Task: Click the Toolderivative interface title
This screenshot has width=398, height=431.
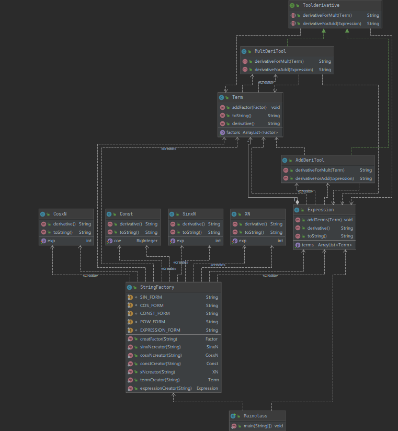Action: [x=321, y=5]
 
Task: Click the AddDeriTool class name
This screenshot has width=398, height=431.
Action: [x=310, y=160]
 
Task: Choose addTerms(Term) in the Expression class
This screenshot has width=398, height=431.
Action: [x=324, y=220]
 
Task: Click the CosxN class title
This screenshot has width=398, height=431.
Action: [x=60, y=214]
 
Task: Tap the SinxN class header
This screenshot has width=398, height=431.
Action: [x=189, y=214]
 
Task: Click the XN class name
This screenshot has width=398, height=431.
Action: [x=247, y=214]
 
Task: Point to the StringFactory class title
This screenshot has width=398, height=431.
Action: [x=157, y=287]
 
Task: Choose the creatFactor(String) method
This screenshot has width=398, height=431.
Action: [x=158, y=339]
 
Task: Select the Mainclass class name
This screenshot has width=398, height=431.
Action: [x=255, y=416]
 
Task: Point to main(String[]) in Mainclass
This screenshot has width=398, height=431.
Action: [x=257, y=426]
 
